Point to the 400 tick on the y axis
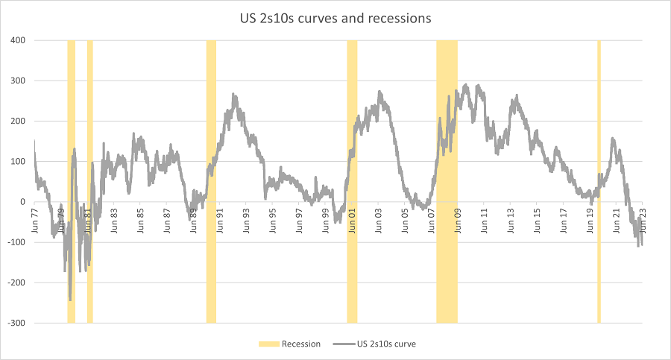[x=17, y=40]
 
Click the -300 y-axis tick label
[x=16, y=323]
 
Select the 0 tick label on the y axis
[x=23, y=202]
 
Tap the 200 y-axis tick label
[x=17, y=121]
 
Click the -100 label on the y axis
[x=16, y=242]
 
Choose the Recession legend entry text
[x=301, y=344]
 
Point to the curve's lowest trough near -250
[x=70, y=299]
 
